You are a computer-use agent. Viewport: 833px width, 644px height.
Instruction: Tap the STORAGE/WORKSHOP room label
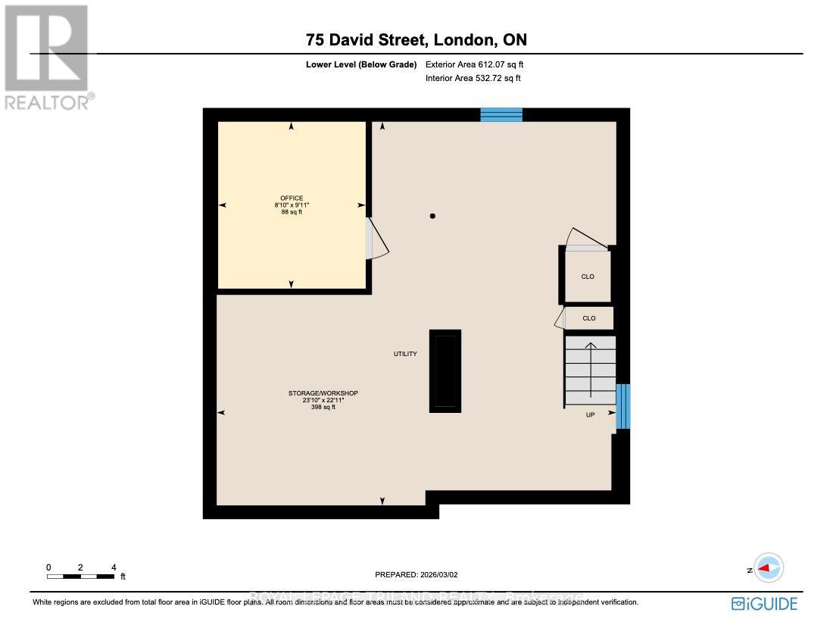coord(323,393)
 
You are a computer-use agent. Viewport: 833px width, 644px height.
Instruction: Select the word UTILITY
coord(404,354)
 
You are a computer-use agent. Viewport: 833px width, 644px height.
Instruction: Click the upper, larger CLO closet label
coord(588,277)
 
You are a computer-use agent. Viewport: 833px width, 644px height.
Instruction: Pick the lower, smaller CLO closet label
coord(588,318)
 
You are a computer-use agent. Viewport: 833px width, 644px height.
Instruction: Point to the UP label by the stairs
coord(589,415)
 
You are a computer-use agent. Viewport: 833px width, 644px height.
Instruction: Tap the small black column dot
coord(432,217)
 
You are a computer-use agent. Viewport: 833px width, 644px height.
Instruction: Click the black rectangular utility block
coord(445,370)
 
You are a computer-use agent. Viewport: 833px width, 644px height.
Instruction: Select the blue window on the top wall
coord(501,114)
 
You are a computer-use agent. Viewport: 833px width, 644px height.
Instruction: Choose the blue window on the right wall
coord(622,406)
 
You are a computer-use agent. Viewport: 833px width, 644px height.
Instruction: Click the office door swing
coord(377,239)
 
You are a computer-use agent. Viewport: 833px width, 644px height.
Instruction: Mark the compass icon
coord(769,568)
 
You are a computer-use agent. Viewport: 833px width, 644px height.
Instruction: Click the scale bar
coord(80,577)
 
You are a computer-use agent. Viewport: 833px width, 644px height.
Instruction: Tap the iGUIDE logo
coord(764,604)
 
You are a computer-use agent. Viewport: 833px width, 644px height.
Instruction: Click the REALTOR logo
coord(47,57)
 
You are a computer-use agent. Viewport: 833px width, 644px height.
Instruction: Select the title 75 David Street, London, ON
coord(416,39)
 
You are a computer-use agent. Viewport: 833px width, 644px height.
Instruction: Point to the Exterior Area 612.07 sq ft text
coord(474,64)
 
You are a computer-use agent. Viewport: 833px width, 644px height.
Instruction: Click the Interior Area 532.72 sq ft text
coord(473,78)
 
